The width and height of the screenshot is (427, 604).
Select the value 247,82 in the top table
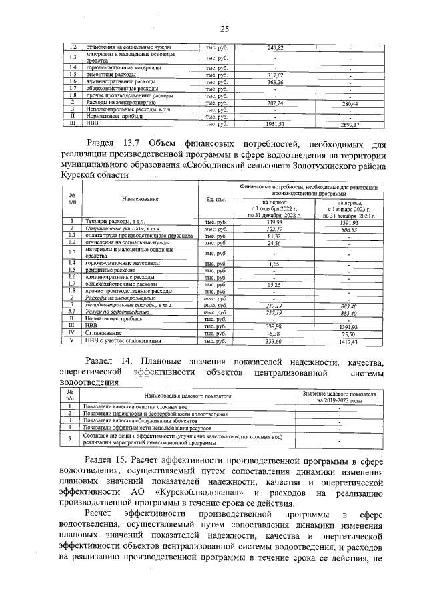click(276, 48)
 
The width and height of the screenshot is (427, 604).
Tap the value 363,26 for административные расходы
click(276, 81)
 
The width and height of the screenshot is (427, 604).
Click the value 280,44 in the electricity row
click(350, 104)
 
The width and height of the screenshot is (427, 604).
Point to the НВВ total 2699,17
click(350, 124)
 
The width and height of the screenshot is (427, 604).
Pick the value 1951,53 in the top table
click(276, 124)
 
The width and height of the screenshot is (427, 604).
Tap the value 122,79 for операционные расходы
click(276, 228)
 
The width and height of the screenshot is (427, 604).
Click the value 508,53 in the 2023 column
click(350, 228)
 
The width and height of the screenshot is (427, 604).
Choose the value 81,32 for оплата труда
click(276, 236)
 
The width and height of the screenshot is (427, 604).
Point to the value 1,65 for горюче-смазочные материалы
click(276, 264)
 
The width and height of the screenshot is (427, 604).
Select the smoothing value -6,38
click(276, 333)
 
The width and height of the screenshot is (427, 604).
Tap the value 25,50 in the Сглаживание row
click(350, 333)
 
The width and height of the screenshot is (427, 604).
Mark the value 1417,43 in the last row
click(350, 341)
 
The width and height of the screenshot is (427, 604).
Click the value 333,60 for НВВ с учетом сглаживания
click(276, 341)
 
